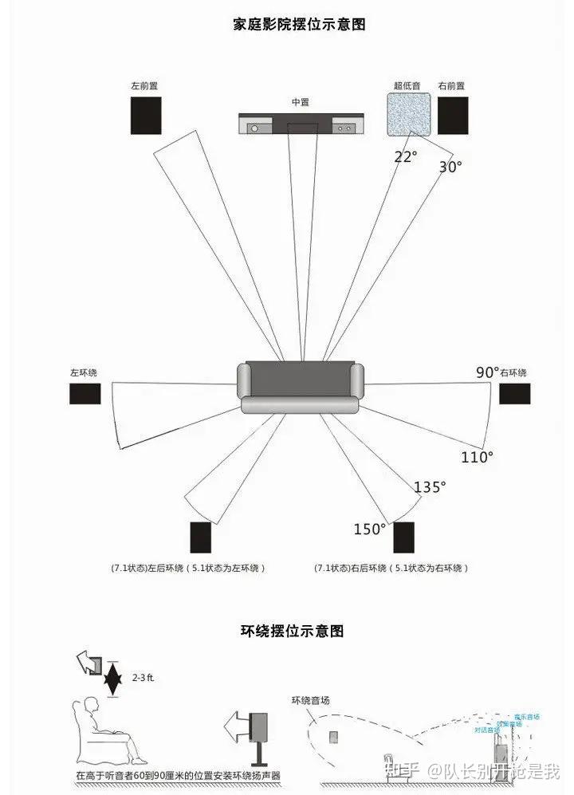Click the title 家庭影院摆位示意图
[299, 24]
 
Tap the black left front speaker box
[146, 116]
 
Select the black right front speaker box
[453, 115]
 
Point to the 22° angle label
[405, 156]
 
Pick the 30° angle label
[450, 167]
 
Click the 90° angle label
[487, 372]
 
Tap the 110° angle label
[477, 457]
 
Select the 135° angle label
[430, 486]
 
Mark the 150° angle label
[370, 529]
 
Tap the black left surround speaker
[85, 394]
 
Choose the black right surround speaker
[515, 394]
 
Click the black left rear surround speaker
[200, 537]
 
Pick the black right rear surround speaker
[403, 537]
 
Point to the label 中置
[300, 102]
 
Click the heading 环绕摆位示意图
[292, 632]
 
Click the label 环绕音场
[311, 700]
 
